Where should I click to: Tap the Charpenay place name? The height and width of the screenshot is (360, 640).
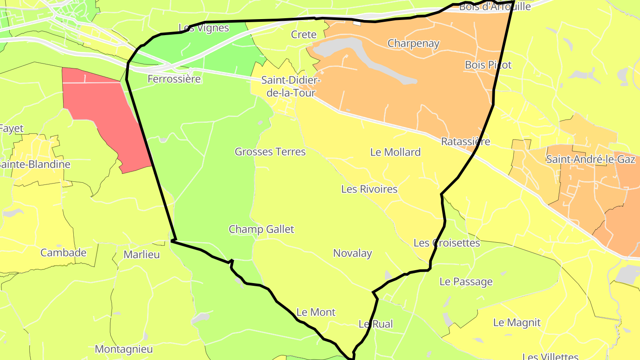coord(413,44)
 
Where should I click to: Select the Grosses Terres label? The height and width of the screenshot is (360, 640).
coord(270,152)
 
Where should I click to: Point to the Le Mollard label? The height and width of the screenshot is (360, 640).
coord(395,152)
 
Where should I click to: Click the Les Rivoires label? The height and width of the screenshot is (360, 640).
coord(369,189)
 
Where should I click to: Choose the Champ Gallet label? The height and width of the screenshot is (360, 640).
coord(261,229)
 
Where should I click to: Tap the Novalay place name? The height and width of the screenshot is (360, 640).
coord(352,253)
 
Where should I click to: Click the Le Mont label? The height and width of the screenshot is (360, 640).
coord(316,312)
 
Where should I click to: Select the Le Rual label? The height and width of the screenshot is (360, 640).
coord(376,324)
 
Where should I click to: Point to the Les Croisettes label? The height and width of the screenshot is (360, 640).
coord(447,243)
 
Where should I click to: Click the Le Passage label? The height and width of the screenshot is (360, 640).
coord(466,282)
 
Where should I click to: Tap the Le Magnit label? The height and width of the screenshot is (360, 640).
coord(517,323)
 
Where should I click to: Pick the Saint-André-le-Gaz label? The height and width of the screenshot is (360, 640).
coord(591,160)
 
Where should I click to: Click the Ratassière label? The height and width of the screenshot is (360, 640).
coord(465,142)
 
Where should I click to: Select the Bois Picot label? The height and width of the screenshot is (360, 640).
coord(488,65)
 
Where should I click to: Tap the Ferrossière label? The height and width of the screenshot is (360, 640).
coord(174,80)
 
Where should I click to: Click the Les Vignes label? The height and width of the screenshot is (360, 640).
coord(204,28)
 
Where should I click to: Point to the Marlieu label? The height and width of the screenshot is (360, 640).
coord(141,255)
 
